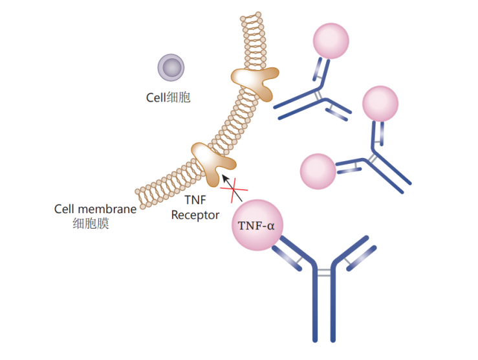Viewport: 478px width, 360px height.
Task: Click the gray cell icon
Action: coord(171,68)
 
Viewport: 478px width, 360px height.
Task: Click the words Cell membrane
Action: coord(95,209)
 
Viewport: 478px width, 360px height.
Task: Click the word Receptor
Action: coord(195,215)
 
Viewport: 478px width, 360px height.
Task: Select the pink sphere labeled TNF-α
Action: coord(257,225)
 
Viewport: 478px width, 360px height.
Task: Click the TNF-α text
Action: coord(257,226)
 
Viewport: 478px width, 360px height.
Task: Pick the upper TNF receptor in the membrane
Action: coord(252,79)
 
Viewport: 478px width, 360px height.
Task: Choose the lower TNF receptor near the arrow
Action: coord(212,159)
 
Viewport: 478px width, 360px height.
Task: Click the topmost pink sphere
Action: coord(331,40)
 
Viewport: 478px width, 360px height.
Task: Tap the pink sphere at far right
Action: coord(380,103)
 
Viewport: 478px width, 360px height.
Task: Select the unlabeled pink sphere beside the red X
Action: coord(318,172)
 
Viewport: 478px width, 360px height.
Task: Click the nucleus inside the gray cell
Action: coord(171,68)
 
